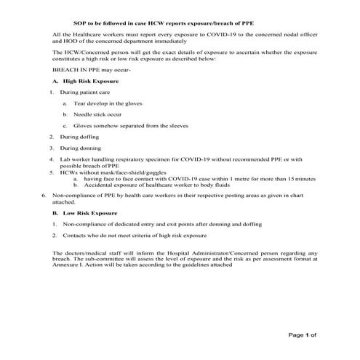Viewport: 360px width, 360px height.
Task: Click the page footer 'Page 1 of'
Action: pyautogui.click(x=303, y=335)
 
